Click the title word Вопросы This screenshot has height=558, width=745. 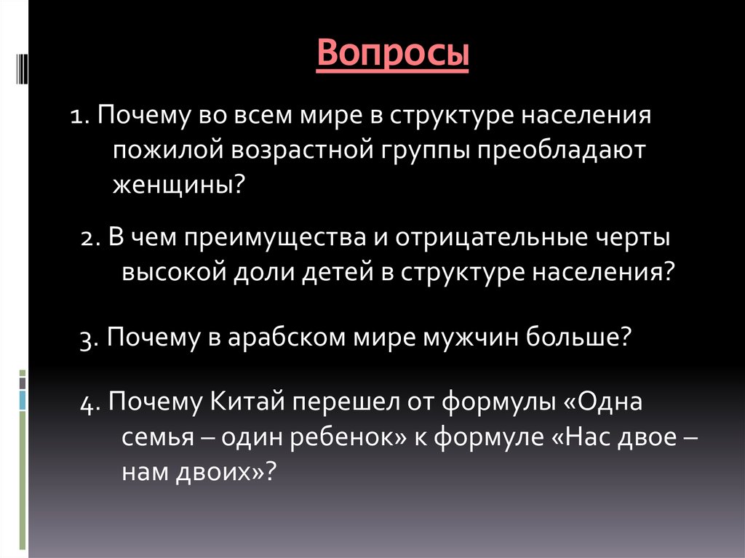(393, 55)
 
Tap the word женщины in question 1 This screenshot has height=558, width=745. (172, 184)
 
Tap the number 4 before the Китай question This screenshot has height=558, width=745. (85, 403)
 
